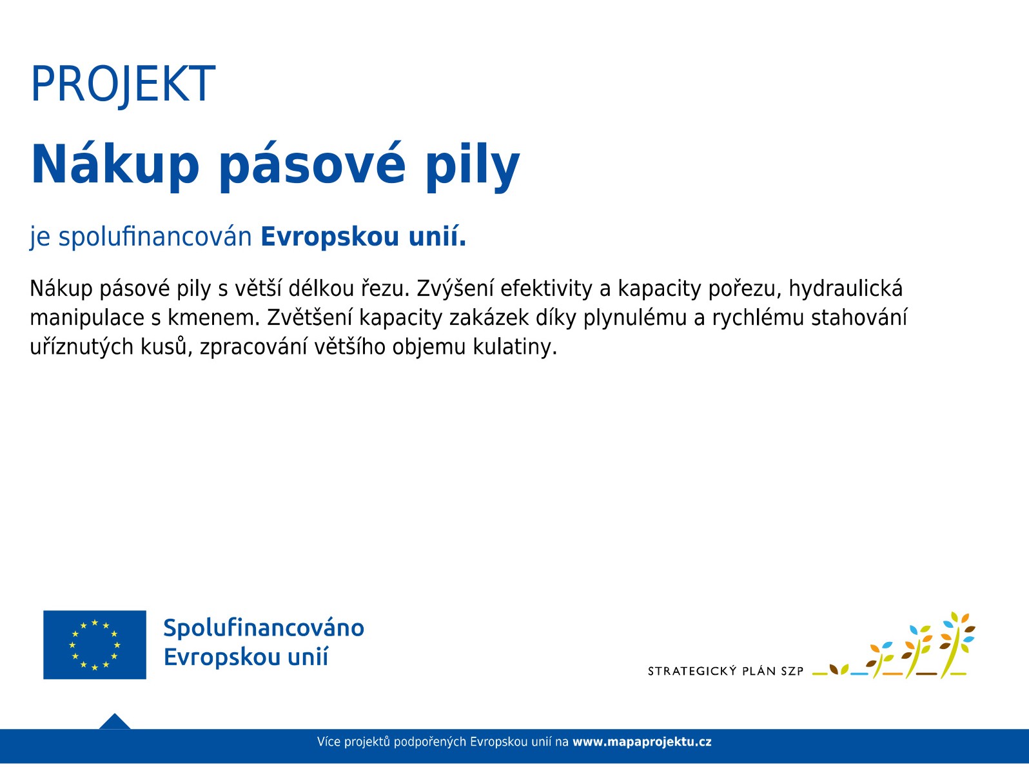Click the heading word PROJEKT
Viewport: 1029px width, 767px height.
click(122, 84)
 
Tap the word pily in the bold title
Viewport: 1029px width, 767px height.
click(473, 165)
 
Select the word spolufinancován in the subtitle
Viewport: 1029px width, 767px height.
click(155, 237)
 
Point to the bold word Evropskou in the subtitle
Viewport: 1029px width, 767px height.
click(330, 237)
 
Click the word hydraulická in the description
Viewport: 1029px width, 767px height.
click(845, 289)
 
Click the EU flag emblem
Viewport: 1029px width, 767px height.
click(95, 645)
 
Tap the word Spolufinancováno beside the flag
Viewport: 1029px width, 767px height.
click(264, 628)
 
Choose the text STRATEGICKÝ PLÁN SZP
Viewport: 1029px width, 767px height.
click(725, 672)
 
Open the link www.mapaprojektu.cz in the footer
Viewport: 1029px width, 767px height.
click(642, 742)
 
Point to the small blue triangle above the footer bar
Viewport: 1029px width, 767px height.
click(115, 722)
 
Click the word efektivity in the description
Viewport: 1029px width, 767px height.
click(546, 289)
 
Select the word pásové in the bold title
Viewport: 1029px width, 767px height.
click(312, 165)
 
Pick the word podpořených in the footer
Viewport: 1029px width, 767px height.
click(430, 742)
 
